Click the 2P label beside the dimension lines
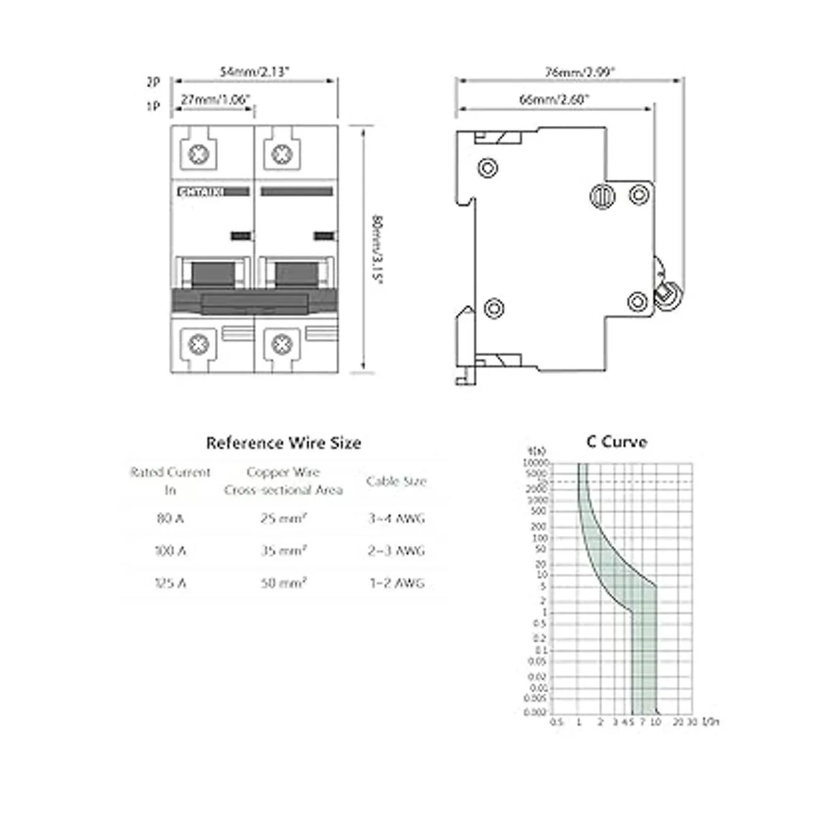tap(153, 82)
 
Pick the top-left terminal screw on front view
tap(198, 155)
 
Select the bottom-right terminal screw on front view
tap(282, 344)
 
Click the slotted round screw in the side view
tap(603, 196)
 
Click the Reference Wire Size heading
tap(283, 443)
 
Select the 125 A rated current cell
tap(170, 583)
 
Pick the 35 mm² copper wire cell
tap(283, 551)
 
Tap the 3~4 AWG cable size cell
tap(396, 519)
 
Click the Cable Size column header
tap(396, 481)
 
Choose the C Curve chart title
tap(616, 442)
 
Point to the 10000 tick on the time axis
tap(535, 463)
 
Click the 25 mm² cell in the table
tap(283, 519)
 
